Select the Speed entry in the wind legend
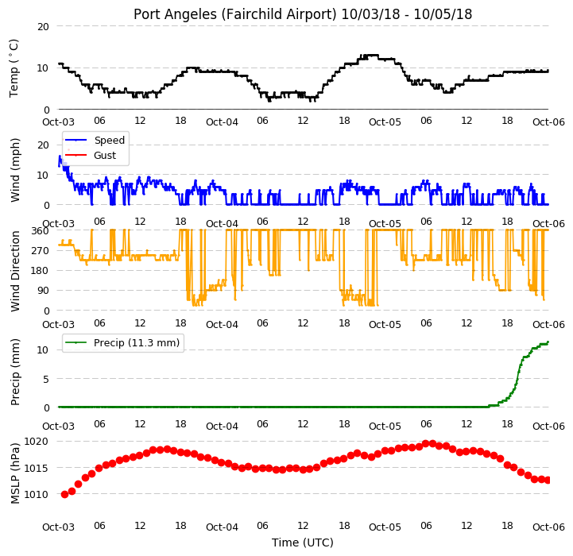click(109, 140)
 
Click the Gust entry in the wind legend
click(105, 155)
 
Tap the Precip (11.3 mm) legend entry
click(137, 342)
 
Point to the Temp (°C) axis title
click(14, 68)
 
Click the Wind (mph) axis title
click(14, 170)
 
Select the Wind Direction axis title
click(14, 271)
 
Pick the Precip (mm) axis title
click(14, 372)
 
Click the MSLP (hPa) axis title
click(14, 473)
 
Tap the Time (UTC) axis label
click(303, 542)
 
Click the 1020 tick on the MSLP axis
click(36, 442)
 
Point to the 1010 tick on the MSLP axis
click(36, 494)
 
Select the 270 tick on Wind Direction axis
click(41, 251)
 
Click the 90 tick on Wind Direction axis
click(43, 291)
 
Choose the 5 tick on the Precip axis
click(46, 379)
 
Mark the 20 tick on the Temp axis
click(43, 26)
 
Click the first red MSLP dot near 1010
click(64, 494)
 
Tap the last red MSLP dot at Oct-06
click(548, 481)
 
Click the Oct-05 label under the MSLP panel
click(385, 527)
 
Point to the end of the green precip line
click(548, 342)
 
